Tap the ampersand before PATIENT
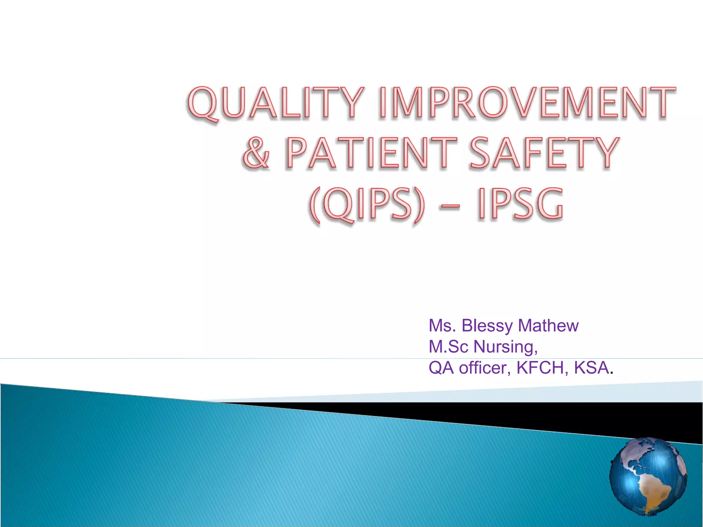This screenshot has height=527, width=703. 256,153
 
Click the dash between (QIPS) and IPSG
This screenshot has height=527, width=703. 448,206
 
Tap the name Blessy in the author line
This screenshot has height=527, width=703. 487,326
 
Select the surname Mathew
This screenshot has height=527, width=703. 548,326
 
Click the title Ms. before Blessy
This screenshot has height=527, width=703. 442,326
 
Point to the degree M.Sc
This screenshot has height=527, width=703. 448,347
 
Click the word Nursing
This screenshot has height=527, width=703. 505,347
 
